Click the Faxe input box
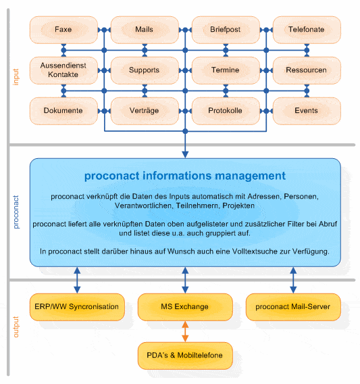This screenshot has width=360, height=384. pyautogui.click(x=63, y=30)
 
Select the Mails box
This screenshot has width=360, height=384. pyautogui.click(x=145, y=30)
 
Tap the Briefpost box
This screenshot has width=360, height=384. pyautogui.click(x=226, y=30)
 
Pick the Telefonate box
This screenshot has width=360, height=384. pyautogui.click(x=307, y=30)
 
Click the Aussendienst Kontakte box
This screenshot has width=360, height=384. pyautogui.click(x=63, y=70)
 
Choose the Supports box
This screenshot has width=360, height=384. pyautogui.click(x=145, y=70)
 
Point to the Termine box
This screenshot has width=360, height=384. pyautogui.click(x=226, y=70)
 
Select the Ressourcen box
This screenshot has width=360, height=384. pyautogui.click(x=307, y=70)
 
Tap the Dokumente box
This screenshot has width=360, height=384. pyautogui.click(x=63, y=111)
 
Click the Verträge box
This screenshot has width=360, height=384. pyautogui.click(x=145, y=111)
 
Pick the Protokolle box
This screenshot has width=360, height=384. pyautogui.click(x=226, y=111)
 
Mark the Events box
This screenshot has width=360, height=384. pyautogui.click(x=307, y=111)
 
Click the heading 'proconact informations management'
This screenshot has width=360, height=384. pyautogui.click(x=185, y=176)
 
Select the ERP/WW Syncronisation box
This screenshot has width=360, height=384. pyautogui.click(x=77, y=307)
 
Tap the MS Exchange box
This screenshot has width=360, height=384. pyautogui.click(x=185, y=307)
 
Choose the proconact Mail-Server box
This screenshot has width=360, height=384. pyautogui.click(x=293, y=307)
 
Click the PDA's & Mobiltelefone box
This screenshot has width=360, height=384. pyautogui.click(x=185, y=356)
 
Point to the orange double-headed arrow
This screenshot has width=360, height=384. pyautogui.click(x=185, y=331)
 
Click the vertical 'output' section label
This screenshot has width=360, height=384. pyautogui.click(x=16, y=327)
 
